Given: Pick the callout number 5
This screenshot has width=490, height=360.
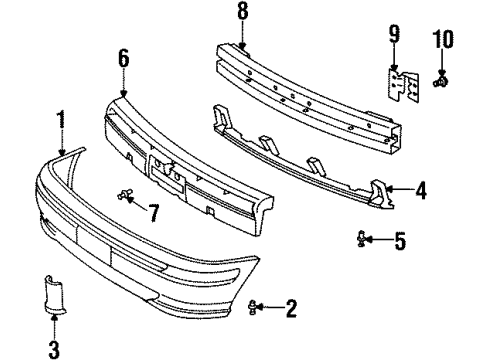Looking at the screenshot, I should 399,241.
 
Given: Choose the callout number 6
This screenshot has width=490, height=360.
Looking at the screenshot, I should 123,59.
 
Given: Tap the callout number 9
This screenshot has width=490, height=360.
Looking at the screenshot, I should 393,40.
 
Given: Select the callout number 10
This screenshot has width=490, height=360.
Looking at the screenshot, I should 442,40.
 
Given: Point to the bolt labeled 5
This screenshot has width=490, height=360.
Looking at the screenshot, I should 362,239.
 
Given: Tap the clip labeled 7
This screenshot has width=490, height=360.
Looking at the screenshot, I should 125,194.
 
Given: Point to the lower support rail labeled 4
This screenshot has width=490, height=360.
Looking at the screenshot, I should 300,160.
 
